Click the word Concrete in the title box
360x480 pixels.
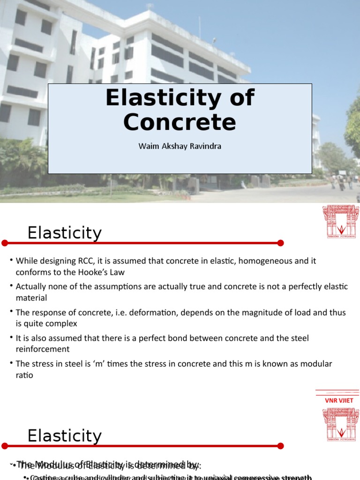pos(180,122)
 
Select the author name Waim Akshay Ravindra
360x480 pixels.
pos(180,146)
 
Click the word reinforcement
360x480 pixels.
pos(43,349)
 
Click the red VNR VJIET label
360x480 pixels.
pos(339,400)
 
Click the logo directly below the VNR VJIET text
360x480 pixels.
pos(341,424)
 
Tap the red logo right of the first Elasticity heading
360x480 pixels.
pos(341,221)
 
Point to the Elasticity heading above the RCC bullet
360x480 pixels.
pos(64,233)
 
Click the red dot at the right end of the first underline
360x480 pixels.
pos(280,243)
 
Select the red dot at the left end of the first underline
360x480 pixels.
pos(5,243)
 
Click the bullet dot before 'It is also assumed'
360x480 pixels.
pos(11,338)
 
